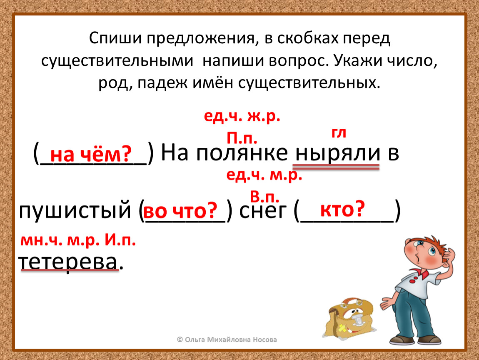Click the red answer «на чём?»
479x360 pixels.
(91, 154)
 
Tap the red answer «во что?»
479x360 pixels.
(180, 210)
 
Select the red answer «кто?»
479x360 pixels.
(343, 209)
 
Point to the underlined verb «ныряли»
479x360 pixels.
(337, 152)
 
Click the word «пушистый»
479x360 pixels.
(75, 210)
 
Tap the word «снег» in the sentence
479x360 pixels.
(263, 210)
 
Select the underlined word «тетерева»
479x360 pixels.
(68, 262)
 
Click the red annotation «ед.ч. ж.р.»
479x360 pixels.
(242, 116)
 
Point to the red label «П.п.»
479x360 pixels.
(242, 138)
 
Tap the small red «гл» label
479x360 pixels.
(339, 133)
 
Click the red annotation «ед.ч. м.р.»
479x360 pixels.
(264, 175)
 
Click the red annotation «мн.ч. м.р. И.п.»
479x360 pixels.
(78, 240)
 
